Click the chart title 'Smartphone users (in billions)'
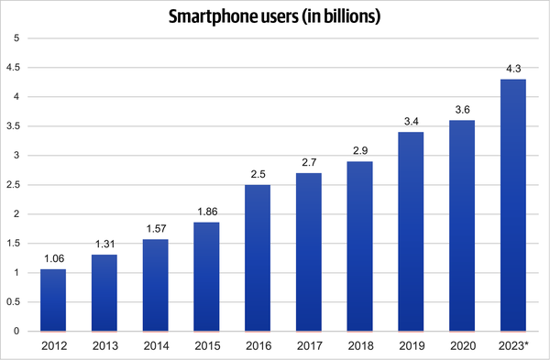click(275, 16)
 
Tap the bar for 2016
click(258, 257)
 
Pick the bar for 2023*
click(513, 205)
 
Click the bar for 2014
click(157, 285)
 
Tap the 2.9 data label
click(360, 149)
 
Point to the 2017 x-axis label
click(310, 345)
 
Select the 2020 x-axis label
click(462, 345)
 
